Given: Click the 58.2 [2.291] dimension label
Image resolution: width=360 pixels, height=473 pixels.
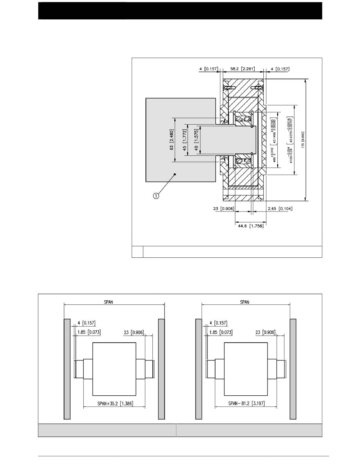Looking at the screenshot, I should [x=243, y=69].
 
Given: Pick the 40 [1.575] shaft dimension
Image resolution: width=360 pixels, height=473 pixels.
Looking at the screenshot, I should [x=196, y=140].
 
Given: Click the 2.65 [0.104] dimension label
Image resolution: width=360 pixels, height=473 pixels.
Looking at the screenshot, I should [x=280, y=208].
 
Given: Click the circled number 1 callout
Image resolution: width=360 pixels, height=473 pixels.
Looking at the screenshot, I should [x=156, y=196].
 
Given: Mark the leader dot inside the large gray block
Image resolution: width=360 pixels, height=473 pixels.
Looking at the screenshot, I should [x=175, y=174].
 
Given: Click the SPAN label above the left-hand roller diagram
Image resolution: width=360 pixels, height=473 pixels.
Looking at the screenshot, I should [x=108, y=302].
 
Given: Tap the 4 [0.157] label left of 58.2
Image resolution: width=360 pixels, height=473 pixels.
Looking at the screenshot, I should [x=208, y=69].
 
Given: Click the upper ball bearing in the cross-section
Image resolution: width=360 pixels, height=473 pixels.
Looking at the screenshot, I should [x=243, y=120].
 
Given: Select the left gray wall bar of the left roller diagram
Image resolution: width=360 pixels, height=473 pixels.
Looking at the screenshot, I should [x=67, y=369].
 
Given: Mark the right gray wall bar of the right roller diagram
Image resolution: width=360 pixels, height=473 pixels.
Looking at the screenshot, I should [x=293, y=369].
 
